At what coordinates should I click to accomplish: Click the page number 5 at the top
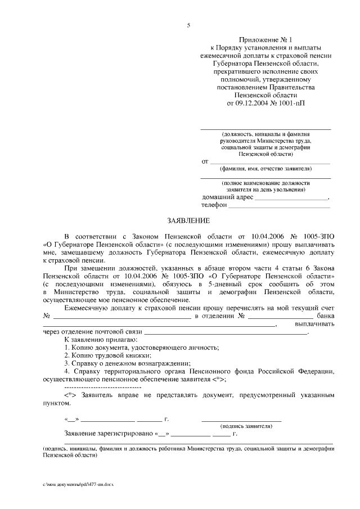(189, 25)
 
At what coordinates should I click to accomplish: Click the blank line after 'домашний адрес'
(291, 198)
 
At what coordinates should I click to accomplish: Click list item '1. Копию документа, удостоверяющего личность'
(142, 348)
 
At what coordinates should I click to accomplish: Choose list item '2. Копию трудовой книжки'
(108, 356)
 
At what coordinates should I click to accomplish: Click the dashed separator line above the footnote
(103, 388)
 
